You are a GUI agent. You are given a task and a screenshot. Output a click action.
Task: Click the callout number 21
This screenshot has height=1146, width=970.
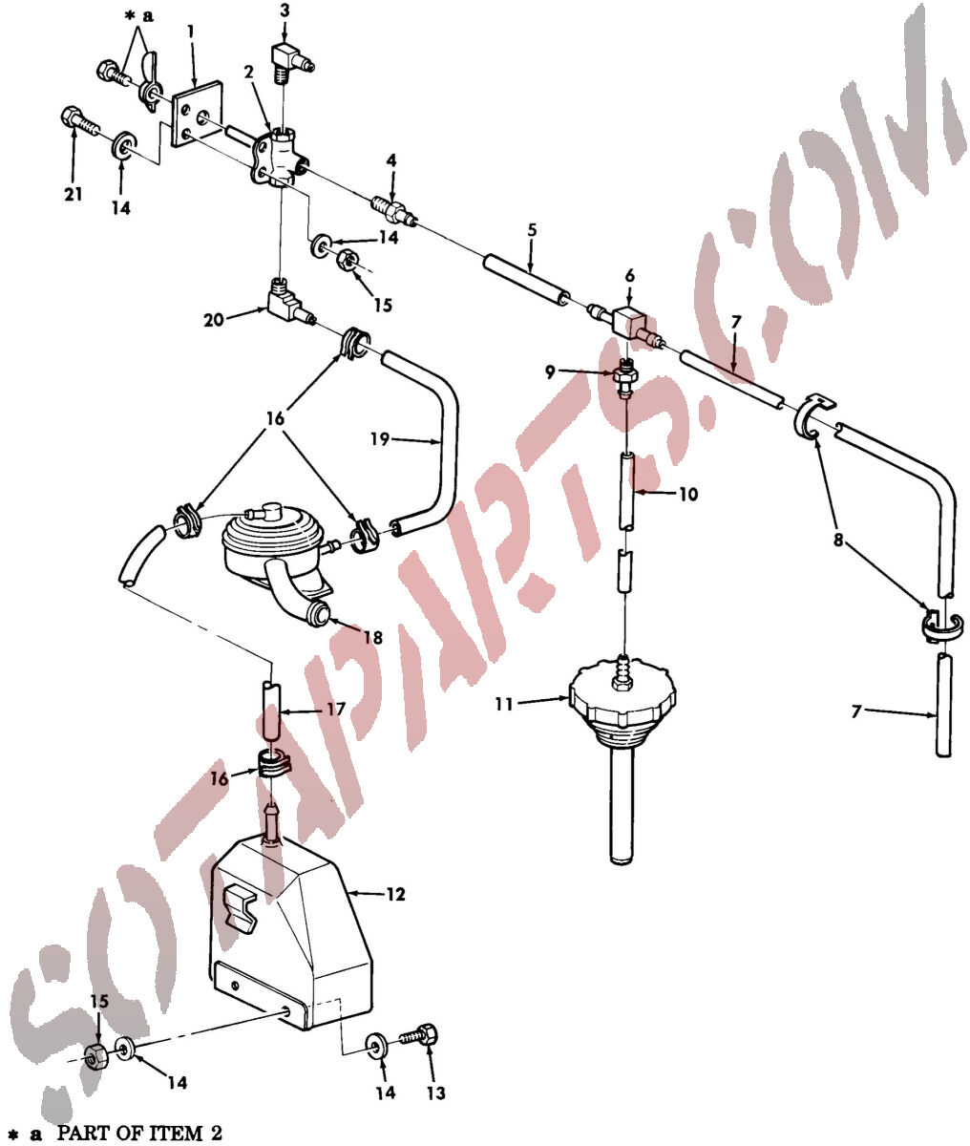[74, 195]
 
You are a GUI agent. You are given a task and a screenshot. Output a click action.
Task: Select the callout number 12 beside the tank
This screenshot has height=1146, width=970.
[396, 894]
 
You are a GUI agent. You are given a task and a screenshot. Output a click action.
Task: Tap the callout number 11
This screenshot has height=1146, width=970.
[504, 704]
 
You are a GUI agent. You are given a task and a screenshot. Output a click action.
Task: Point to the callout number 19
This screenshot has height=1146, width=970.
[380, 439]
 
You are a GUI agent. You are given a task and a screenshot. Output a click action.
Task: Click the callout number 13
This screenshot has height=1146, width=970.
[436, 1093]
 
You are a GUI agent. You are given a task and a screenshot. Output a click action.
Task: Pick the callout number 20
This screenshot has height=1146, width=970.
[214, 320]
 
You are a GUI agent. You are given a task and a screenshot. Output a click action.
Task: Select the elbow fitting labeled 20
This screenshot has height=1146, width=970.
[290, 302]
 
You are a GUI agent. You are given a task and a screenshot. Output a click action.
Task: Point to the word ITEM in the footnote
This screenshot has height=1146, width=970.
[179, 1131]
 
